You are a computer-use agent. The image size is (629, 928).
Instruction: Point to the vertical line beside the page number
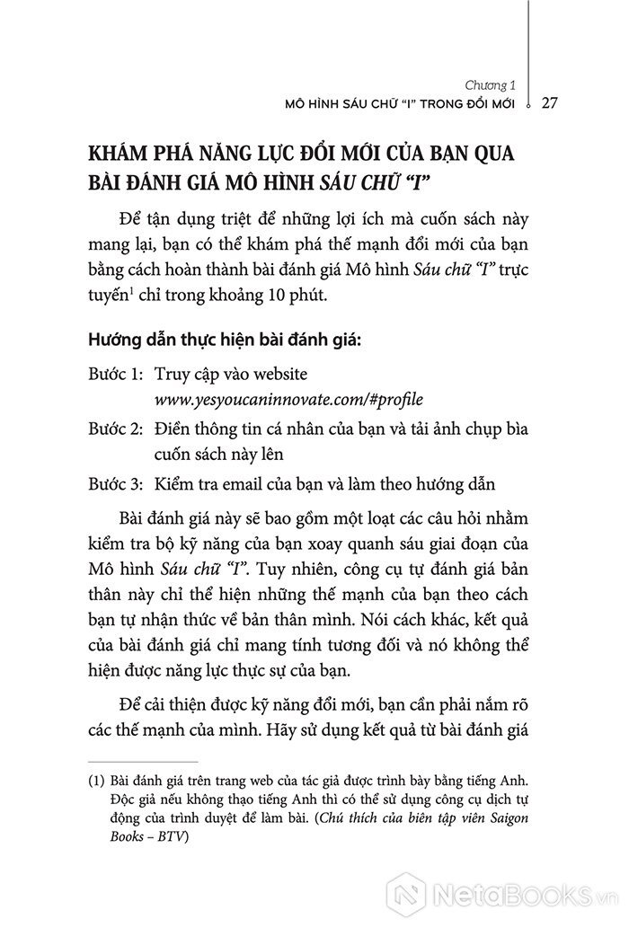point(528,54)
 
